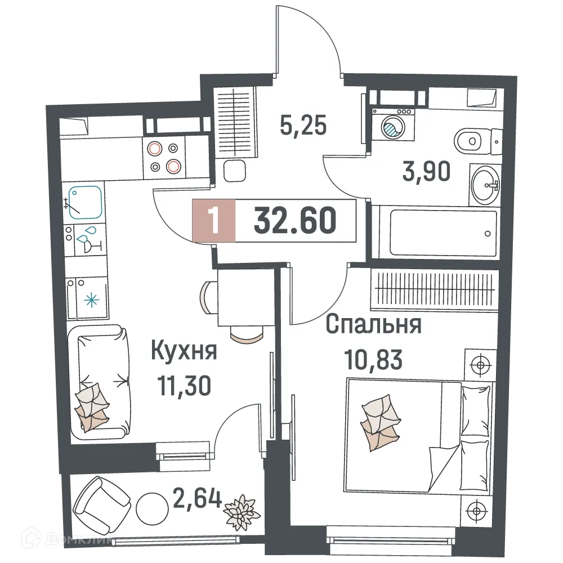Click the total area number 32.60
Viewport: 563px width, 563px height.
click(x=295, y=220)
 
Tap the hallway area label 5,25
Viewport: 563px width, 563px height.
click(x=303, y=126)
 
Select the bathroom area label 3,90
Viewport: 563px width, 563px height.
click(x=426, y=172)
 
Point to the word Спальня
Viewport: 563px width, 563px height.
click(x=374, y=325)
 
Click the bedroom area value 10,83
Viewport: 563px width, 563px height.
click(x=374, y=359)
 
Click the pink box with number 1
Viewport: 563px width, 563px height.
click(x=213, y=220)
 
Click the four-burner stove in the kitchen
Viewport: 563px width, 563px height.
click(x=164, y=157)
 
